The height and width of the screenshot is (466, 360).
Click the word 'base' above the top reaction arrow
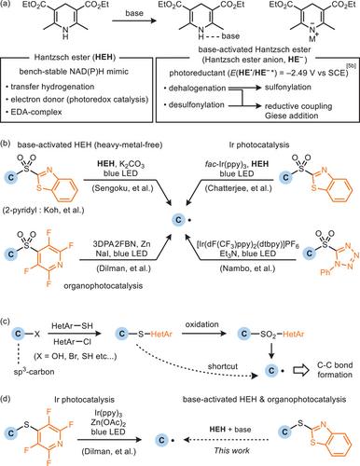134,13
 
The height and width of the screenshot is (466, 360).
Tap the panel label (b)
7,144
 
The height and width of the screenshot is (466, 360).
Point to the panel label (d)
7,399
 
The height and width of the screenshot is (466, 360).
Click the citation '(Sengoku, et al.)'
120,188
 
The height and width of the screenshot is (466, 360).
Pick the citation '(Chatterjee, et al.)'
238,188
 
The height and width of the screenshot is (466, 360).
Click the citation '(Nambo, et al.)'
247,268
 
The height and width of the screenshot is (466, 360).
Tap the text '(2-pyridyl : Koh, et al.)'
44,210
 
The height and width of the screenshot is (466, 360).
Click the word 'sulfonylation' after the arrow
288,88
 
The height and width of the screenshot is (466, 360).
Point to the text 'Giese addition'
292,116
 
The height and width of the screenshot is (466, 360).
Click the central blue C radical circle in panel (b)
178,220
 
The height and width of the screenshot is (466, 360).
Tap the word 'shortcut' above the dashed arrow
223,366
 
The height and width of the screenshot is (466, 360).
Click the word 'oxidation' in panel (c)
202,324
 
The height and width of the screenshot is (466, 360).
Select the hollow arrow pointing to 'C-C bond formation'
300,370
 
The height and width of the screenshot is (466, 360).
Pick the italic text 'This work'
232,450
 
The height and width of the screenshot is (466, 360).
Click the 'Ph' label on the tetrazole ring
325,272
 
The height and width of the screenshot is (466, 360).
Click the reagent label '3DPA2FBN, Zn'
121,244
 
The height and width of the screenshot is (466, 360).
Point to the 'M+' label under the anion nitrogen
312,39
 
